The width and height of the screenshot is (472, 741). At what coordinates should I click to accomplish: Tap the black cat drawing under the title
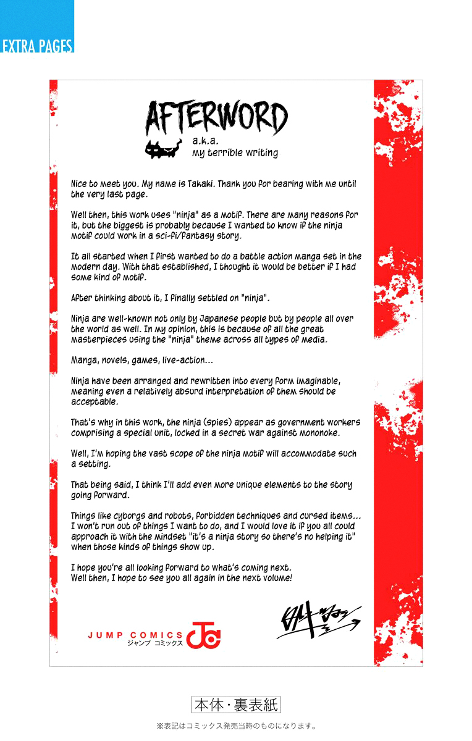pos(162,149)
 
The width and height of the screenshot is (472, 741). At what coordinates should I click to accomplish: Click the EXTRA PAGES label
pos(37,46)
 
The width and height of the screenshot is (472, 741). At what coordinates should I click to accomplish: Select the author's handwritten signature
pos(318,621)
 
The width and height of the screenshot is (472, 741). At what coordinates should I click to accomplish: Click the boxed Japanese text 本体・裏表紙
pos(236,705)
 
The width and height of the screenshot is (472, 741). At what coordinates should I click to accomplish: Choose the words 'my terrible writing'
pos(235,153)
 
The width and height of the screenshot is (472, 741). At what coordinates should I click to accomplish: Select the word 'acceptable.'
pos(95,402)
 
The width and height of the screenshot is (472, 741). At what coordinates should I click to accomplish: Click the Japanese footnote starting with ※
pos(236,726)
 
